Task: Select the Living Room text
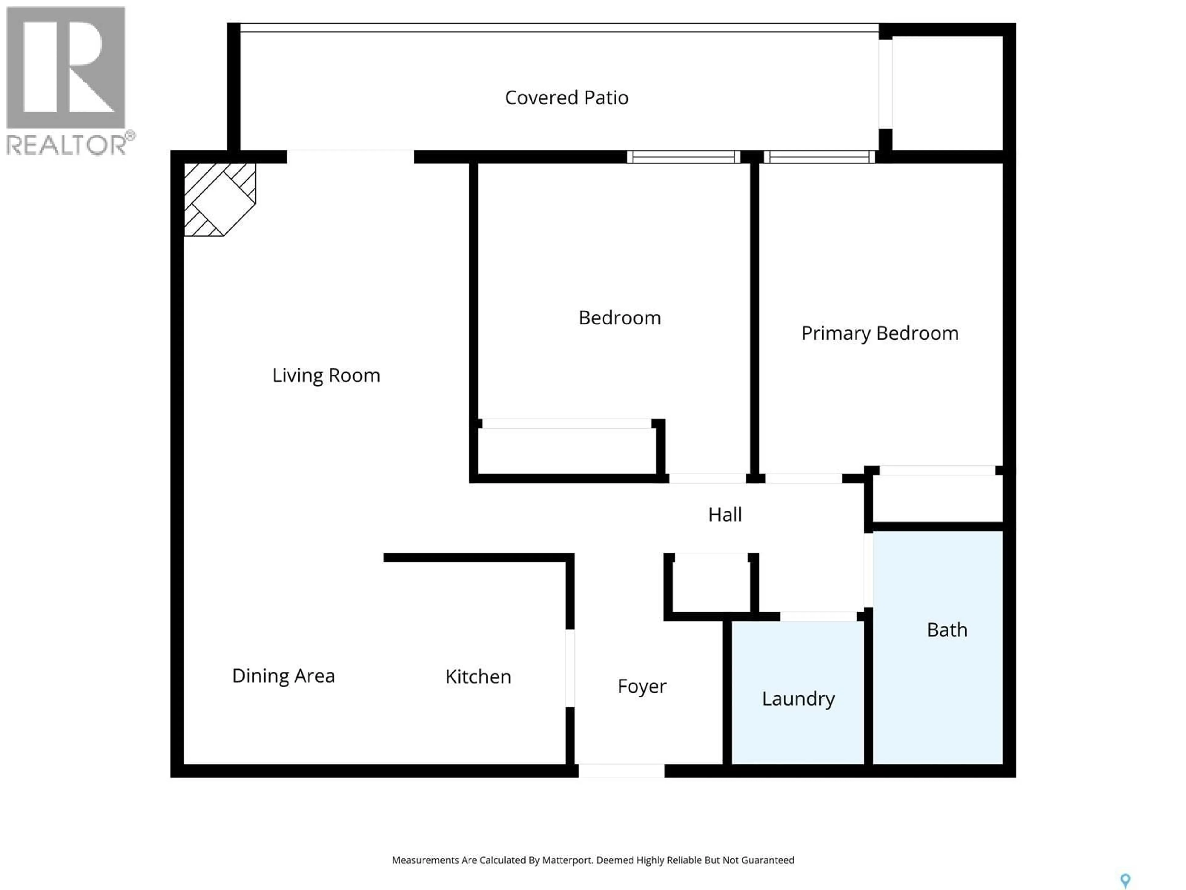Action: [x=326, y=375]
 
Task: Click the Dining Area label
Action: [x=283, y=676]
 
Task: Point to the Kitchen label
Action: [x=478, y=676]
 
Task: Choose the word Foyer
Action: [x=642, y=686]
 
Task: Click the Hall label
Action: [x=725, y=515]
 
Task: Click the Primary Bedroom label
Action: [x=879, y=333]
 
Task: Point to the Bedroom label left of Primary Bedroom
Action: [x=619, y=318]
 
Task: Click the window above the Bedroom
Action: [x=683, y=157]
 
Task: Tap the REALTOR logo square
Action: [x=65, y=67]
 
